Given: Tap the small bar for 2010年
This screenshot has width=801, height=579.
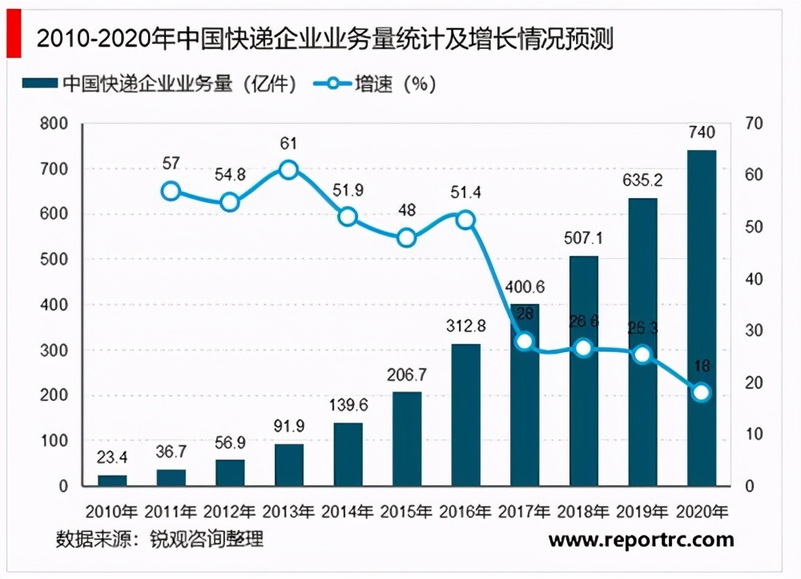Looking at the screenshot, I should coord(112,480).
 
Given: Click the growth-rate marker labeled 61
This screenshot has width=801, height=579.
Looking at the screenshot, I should coord(289,169).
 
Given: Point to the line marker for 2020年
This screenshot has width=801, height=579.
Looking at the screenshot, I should coord(701,392).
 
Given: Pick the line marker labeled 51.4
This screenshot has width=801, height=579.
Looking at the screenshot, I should coord(465,220).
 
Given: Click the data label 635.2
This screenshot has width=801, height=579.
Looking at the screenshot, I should coord(642,180).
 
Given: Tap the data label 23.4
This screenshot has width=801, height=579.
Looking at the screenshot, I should coord(112,457).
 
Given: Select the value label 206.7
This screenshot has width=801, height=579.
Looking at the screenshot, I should coord(406,375).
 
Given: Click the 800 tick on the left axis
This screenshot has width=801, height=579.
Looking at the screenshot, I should coord(52,124).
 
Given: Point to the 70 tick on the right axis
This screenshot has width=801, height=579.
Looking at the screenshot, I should coord(757,123).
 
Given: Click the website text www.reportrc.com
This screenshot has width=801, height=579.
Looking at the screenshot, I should coord(642,541).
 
